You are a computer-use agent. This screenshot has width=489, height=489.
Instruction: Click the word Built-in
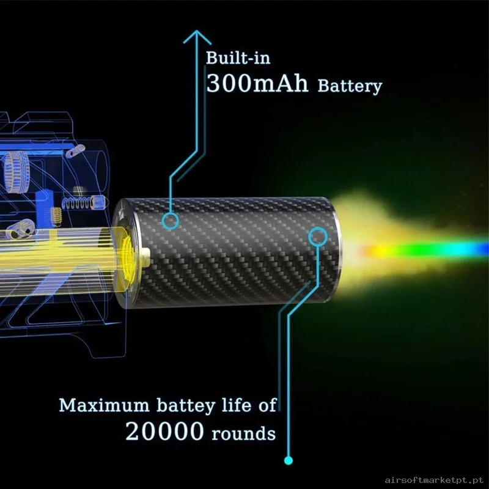238,58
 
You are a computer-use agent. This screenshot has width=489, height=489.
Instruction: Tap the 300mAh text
257,83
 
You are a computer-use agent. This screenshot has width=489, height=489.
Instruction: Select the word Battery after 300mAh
350,86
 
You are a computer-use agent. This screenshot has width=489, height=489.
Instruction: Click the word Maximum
104,405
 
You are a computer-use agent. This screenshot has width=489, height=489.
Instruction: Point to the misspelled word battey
186,406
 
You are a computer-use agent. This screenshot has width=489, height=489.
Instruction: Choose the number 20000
164,432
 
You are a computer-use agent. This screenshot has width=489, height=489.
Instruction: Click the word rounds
243,434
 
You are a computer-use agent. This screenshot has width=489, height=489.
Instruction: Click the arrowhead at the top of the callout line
197,37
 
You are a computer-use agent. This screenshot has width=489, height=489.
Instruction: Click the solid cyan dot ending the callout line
289,460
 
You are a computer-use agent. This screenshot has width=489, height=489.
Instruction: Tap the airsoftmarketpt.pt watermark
434,480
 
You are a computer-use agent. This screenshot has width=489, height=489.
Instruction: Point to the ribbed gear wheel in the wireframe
17,172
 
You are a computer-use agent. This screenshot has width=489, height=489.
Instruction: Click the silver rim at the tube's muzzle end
336,249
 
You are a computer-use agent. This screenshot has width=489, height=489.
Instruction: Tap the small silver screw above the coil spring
79,190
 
